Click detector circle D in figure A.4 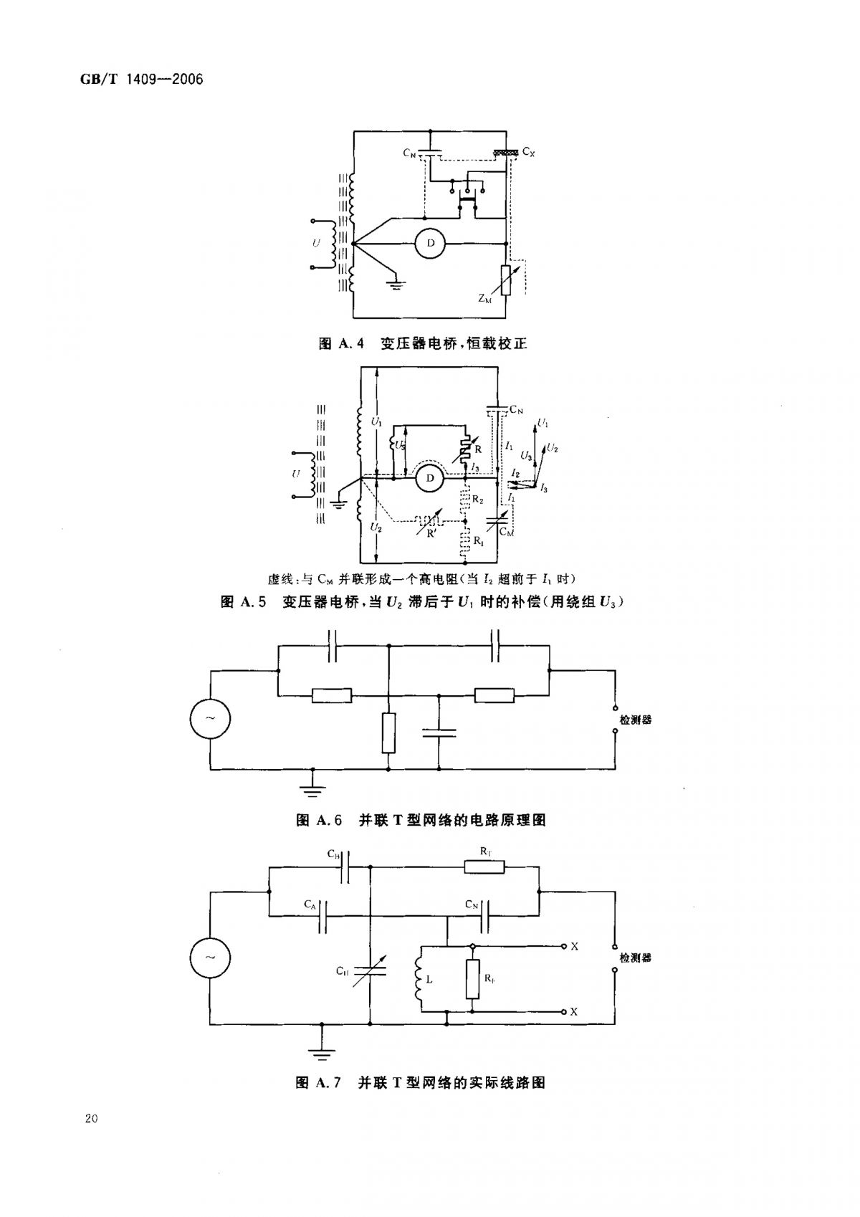click(431, 244)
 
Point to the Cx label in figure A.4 click(529, 152)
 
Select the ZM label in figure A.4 click(485, 299)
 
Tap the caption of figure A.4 click(422, 344)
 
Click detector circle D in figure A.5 click(431, 478)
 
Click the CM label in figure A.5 click(507, 533)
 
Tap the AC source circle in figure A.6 click(211, 719)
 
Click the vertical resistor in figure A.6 click(388, 732)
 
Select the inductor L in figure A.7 click(419, 979)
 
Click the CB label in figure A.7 click(333, 854)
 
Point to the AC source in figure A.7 click(211, 958)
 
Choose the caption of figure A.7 click(421, 1082)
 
